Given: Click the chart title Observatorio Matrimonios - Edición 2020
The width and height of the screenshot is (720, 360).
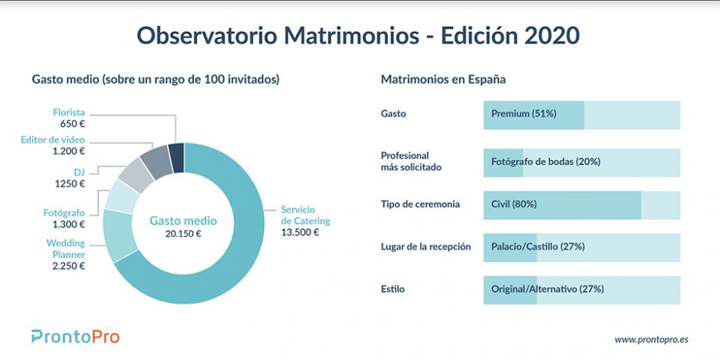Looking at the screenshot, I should (358, 35).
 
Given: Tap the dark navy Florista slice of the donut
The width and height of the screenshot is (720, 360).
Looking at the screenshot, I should (176, 157).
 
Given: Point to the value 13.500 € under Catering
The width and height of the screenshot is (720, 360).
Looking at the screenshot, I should (300, 232).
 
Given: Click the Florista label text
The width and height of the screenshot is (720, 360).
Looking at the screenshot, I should (67, 112).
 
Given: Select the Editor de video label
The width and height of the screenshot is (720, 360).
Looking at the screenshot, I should (53, 140).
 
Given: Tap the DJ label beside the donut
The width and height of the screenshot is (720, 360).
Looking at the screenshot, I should (77, 171).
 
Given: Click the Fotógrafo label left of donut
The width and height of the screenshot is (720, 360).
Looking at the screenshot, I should (64, 212).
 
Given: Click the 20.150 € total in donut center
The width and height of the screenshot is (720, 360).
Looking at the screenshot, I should (183, 233).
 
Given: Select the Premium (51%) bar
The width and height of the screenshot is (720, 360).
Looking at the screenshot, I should (533, 114).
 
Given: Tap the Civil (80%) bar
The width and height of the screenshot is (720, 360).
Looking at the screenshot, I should (562, 204).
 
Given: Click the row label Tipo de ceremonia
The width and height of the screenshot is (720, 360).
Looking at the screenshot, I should (421, 204).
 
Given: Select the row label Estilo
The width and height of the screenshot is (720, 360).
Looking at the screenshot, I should (394, 289).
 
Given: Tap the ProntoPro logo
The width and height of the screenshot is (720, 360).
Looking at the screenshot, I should (75, 337).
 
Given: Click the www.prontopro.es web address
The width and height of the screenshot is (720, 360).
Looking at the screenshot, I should (651, 339).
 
